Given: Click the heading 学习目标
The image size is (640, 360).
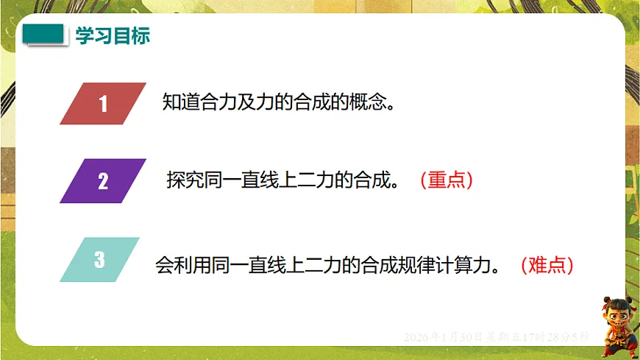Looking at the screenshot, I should tap(113, 36).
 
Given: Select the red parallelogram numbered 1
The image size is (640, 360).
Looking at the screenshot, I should tap(103, 104).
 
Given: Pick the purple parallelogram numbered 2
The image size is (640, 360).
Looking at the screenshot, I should tap(103, 180).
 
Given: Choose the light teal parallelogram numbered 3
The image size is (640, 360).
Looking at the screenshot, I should tap(99, 259).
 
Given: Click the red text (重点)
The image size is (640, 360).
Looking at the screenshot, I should tap(446, 180).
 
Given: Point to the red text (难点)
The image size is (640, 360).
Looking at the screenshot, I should tap(547, 265).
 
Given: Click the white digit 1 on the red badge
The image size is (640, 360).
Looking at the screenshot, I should tap(103, 104).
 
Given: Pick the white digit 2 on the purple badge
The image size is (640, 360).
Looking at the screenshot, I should tap(103, 180).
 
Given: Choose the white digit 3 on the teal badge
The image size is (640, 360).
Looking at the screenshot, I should tap(99, 259).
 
